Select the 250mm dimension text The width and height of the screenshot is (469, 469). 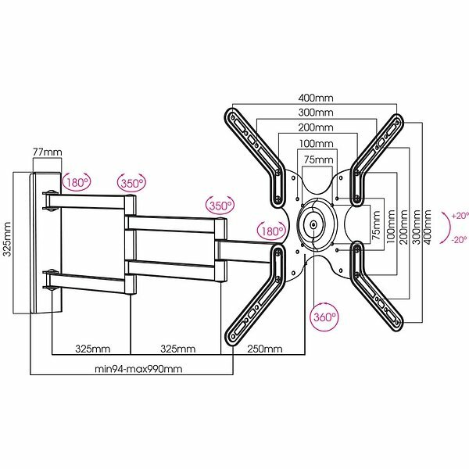pyautogui.click(x=262, y=348)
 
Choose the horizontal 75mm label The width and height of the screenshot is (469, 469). pyautogui.click(x=317, y=160)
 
